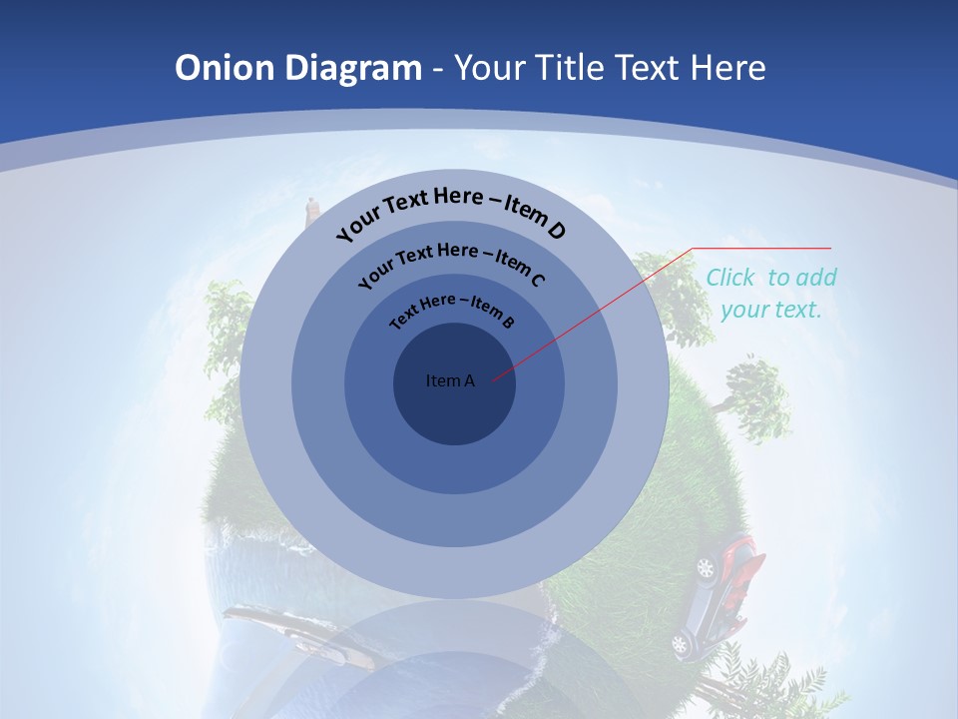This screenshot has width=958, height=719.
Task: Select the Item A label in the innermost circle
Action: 450,380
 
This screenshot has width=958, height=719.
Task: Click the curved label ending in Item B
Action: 452,310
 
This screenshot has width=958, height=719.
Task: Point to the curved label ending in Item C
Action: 451,264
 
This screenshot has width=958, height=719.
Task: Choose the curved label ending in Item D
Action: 451,211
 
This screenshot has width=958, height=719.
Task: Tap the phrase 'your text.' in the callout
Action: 770,310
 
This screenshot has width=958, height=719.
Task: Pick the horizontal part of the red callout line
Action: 761,248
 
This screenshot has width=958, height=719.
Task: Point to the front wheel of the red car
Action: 707,568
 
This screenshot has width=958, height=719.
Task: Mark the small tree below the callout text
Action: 757,393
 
